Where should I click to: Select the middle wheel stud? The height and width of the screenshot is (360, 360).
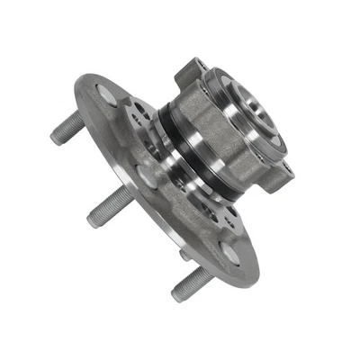[110, 209]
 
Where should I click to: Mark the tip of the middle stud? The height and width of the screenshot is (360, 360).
[94, 219]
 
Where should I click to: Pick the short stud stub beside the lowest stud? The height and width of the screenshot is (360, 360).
[184, 256]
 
